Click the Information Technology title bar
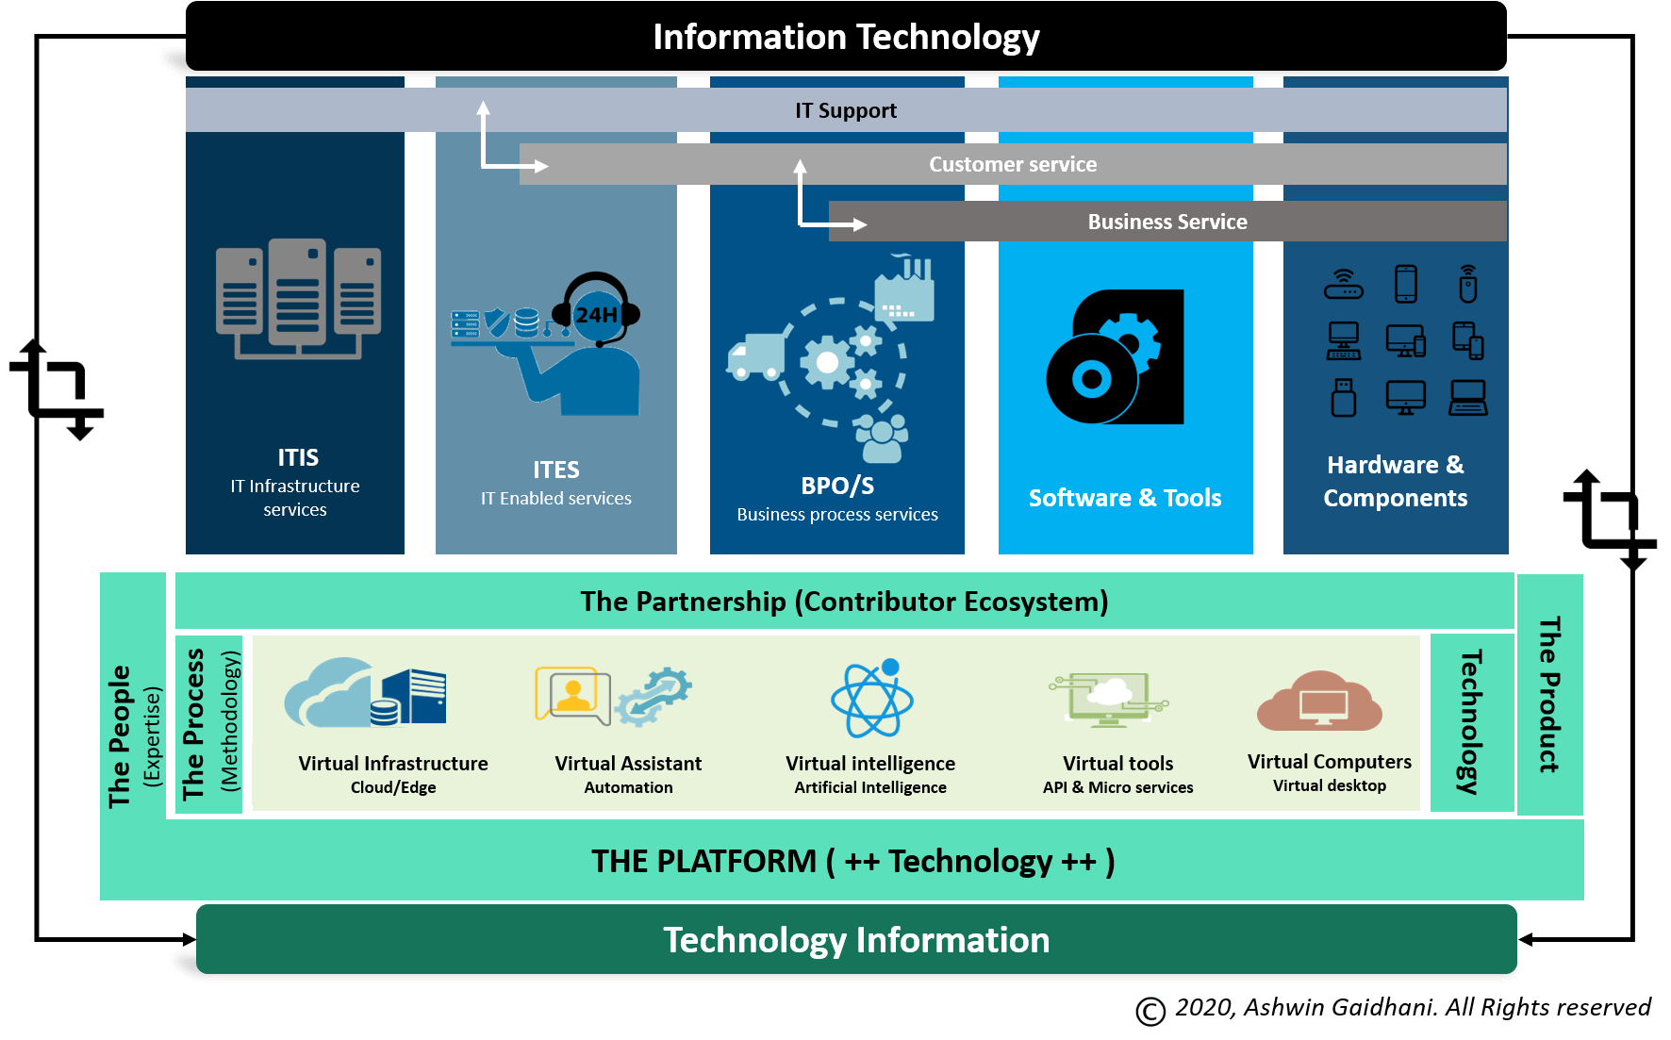(x=846, y=37)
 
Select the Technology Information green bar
(x=856, y=939)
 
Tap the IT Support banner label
(x=846, y=110)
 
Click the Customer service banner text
(x=1013, y=164)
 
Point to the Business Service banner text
(x=1167, y=222)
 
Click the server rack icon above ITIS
(x=298, y=299)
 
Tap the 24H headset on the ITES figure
(x=596, y=309)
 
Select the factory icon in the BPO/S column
(x=904, y=288)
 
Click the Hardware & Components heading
(x=1396, y=481)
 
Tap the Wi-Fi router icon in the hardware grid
(x=1344, y=284)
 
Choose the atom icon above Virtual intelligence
(x=872, y=699)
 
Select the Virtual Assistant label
(x=628, y=763)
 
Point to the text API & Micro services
(x=1118, y=787)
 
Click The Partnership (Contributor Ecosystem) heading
(x=844, y=602)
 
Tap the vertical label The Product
(x=1549, y=695)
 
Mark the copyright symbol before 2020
(x=1150, y=1011)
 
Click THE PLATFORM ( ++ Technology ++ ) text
(x=852, y=861)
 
